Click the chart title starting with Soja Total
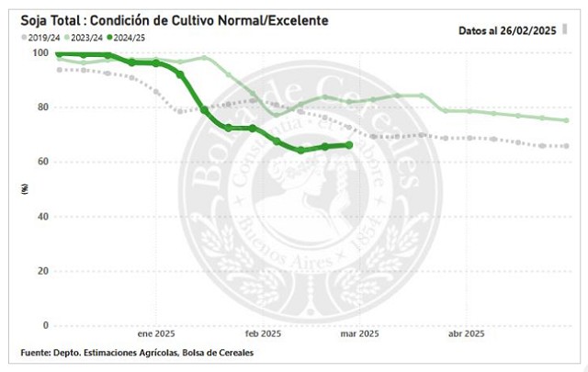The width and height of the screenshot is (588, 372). [168, 19]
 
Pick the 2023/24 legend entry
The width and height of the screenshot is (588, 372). [83, 38]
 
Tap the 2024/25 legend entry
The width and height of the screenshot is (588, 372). [129, 38]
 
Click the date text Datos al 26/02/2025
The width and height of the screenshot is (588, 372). [508, 29]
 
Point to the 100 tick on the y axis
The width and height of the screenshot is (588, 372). [40, 53]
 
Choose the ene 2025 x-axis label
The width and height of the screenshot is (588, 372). [155, 334]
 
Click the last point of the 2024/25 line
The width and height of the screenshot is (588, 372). [349, 145]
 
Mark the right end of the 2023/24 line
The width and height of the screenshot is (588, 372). [566, 120]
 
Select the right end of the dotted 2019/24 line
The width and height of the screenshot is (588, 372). [566, 146]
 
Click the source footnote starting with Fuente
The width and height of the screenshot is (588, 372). [137, 354]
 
